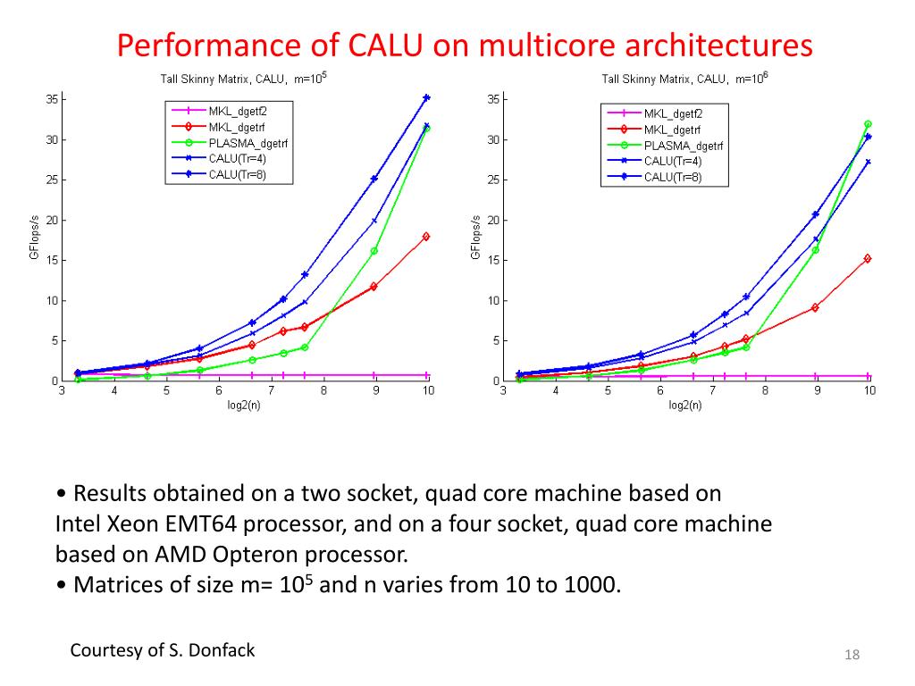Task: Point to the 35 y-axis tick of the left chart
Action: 51,99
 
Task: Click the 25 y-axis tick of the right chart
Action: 492,180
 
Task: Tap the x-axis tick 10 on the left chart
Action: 428,391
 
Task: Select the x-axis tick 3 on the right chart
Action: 503,391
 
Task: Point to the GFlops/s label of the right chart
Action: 476,237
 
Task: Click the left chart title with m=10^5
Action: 243,79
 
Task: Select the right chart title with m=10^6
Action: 684,79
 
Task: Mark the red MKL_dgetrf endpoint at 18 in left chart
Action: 426,237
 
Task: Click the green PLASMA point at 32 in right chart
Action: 868,124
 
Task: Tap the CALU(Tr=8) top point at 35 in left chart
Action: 427,97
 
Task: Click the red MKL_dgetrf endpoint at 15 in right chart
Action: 868,258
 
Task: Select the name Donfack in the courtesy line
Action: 221,650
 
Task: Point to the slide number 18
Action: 852,657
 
